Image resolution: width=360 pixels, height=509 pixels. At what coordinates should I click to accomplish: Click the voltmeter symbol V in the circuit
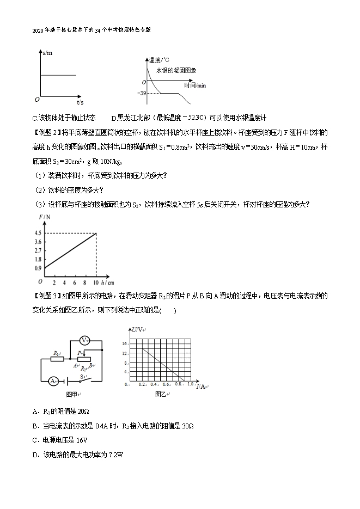84,340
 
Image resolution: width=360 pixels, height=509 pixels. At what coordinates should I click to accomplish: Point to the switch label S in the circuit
83,376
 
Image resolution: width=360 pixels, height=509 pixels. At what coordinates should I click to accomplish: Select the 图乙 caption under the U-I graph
161,393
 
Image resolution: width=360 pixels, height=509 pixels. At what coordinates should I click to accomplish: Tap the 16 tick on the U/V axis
124,344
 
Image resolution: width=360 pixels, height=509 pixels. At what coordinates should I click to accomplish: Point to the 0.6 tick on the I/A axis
166,384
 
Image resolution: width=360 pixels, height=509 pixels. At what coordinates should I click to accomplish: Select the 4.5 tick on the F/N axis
38,234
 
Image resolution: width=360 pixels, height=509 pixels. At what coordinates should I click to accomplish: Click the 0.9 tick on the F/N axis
38,268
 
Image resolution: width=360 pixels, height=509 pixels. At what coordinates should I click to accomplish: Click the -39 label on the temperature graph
142,93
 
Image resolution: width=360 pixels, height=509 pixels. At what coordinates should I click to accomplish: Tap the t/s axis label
80,102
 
